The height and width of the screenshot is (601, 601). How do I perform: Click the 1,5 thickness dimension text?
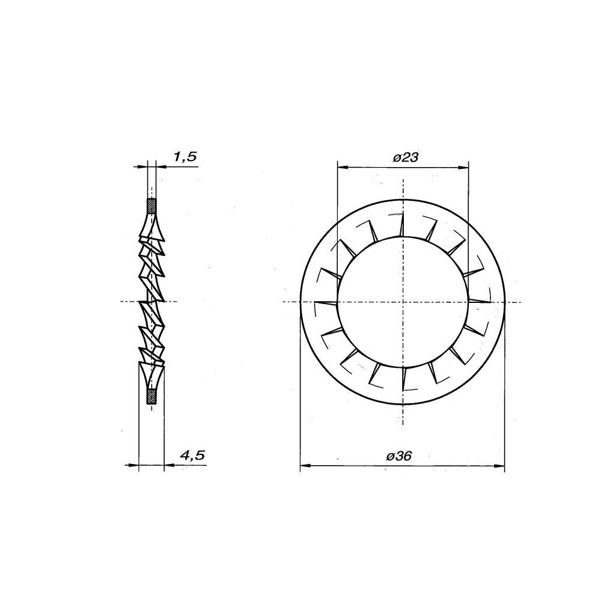[185, 157]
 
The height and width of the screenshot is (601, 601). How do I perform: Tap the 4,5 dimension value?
[192, 456]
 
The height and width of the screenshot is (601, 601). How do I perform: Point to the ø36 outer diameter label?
[399, 457]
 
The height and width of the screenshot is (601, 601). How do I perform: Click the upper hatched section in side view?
[152, 207]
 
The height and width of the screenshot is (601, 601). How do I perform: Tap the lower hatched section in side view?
[152, 396]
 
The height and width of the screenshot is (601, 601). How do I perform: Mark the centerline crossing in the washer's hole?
[402, 302]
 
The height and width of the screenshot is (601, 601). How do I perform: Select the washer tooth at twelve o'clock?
[401, 225]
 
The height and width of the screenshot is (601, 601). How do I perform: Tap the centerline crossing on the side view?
[151, 301]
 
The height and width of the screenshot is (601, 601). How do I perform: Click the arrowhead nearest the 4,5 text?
[168, 465]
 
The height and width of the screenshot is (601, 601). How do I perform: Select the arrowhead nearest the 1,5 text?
[160, 166]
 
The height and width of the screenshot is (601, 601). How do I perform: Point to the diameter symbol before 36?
[391, 457]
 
